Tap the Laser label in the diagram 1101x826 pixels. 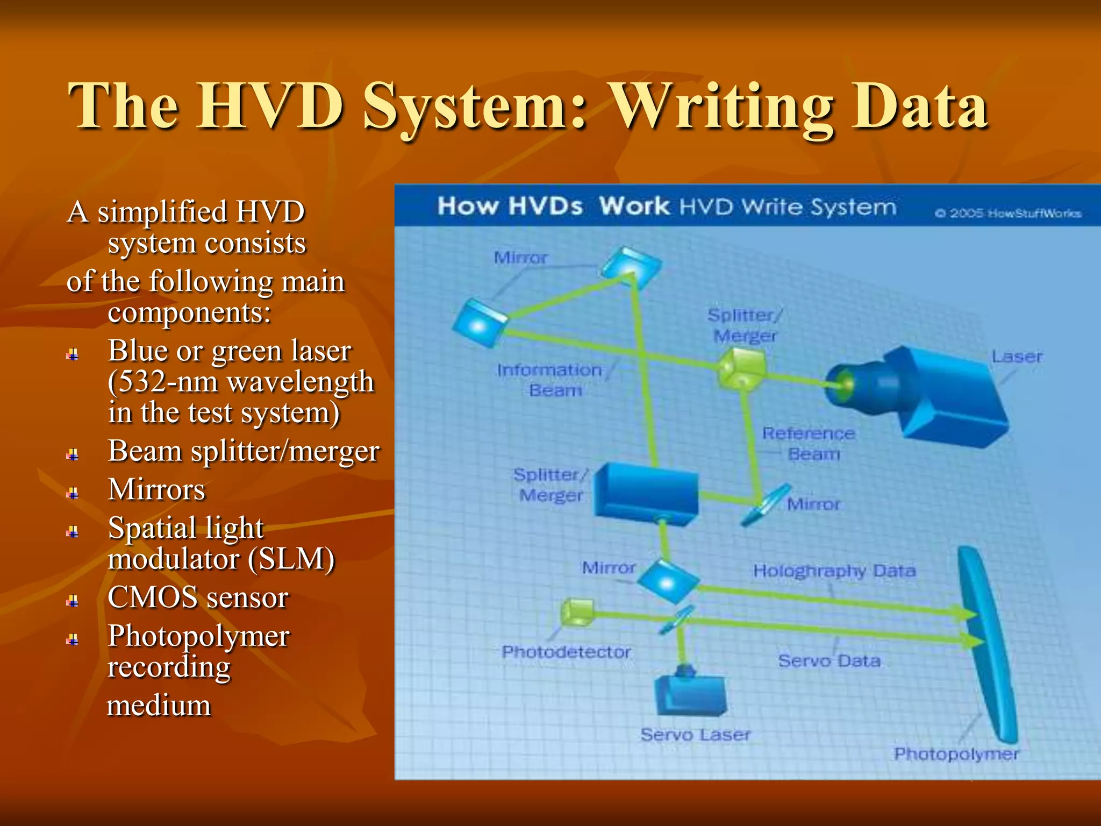coord(1017,357)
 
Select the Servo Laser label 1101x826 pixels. coord(695,735)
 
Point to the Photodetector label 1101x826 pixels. coord(566,652)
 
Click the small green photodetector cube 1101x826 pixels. coord(577,613)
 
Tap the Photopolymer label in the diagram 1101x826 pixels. coord(956,754)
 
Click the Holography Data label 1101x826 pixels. coord(834,571)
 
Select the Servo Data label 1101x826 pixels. coord(829,661)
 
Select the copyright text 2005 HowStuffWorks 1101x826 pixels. coord(1008,213)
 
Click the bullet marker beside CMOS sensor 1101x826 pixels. coord(73,601)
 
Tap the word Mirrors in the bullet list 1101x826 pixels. coord(156,489)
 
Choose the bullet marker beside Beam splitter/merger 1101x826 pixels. coord(73,455)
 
